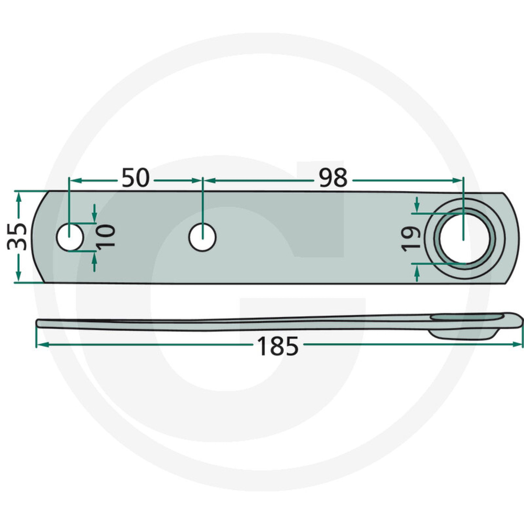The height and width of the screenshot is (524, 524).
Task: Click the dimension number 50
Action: (x=136, y=178)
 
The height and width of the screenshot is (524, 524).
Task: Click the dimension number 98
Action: (x=333, y=178)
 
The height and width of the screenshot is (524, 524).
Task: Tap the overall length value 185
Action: (x=277, y=346)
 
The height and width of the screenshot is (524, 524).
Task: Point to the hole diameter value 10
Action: (x=106, y=236)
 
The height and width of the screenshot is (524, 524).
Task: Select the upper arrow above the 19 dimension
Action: (x=416, y=206)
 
